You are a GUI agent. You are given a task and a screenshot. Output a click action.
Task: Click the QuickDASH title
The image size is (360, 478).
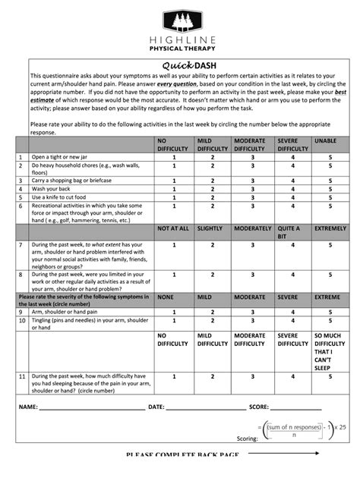(180, 65)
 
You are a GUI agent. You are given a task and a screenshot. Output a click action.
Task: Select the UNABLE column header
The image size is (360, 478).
(325, 140)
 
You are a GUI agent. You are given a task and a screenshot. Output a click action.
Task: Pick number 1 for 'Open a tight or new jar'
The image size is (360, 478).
(174, 157)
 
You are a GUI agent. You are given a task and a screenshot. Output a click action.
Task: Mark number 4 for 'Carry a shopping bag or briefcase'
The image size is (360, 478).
(292, 181)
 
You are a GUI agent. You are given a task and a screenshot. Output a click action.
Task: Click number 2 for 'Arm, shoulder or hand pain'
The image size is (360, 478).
(213, 311)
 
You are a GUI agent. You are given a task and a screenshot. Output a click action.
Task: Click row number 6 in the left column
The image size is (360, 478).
(21, 206)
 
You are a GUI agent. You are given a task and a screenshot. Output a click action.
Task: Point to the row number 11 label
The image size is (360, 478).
(22, 376)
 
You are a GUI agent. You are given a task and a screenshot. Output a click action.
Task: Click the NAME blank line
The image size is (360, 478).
(91, 408)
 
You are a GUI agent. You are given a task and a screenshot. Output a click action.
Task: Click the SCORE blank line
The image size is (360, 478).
(296, 408)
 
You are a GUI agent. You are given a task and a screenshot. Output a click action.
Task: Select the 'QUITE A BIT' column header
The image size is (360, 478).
(289, 232)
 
